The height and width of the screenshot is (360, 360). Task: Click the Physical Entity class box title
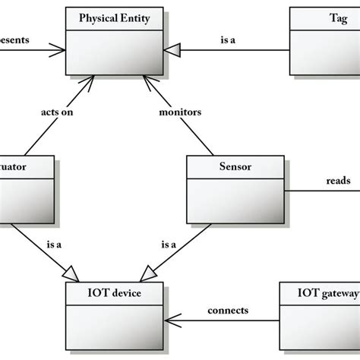tap(114, 17)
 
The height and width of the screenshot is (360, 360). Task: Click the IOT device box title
tap(114, 290)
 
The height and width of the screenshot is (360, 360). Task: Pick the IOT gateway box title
tap(318, 290)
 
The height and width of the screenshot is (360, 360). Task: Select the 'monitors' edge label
tap(180, 112)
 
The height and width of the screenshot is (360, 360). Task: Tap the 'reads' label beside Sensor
tap(337, 182)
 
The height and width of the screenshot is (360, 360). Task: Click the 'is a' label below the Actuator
tap(54, 245)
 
